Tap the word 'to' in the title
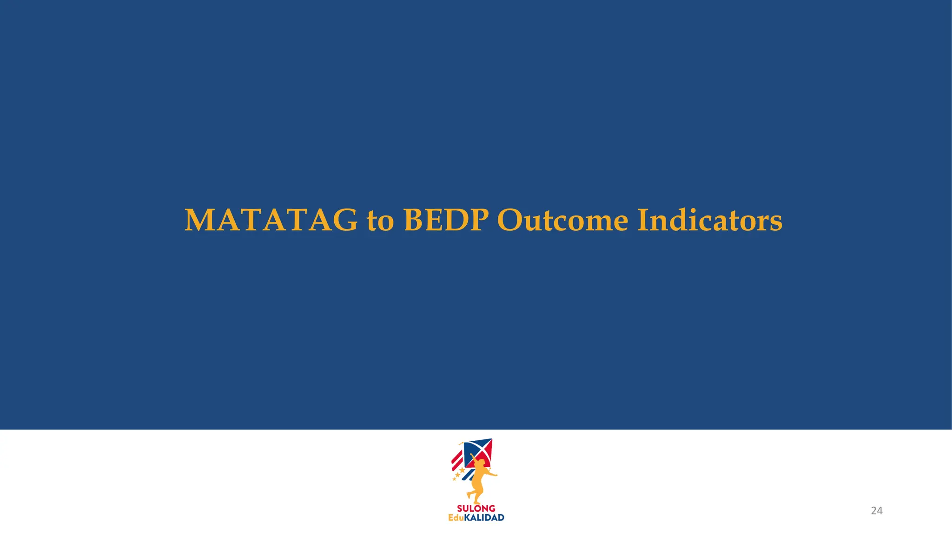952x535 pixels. click(x=380, y=221)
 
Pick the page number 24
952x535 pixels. click(x=876, y=511)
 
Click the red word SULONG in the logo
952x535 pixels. click(x=476, y=509)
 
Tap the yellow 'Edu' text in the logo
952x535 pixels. click(x=456, y=518)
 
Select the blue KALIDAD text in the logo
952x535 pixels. click(x=484, y=518)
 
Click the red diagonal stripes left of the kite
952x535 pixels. click(x=457, y=460)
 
